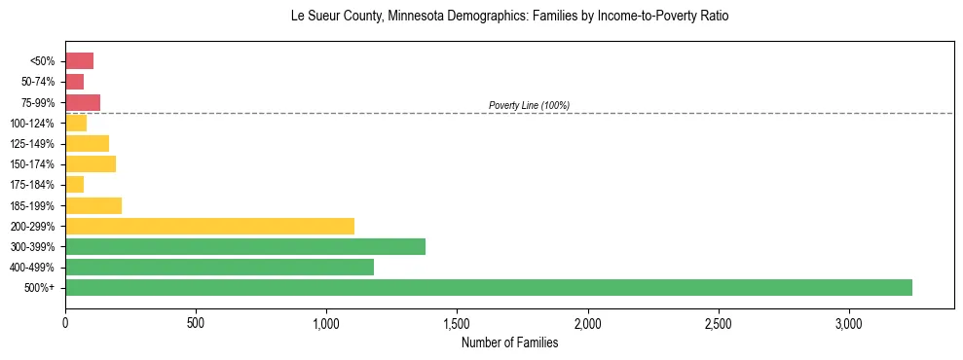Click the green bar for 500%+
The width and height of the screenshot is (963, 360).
489,287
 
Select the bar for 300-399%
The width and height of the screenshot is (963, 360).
245,246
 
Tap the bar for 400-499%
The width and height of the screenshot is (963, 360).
219,267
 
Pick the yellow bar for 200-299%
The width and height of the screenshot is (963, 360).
209,226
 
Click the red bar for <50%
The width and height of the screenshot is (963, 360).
79,60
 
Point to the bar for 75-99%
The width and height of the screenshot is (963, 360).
83,102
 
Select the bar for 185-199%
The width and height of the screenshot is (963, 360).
93,205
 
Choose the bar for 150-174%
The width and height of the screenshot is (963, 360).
91,163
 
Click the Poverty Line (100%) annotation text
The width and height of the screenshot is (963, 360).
529,105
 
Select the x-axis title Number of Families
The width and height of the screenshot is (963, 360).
509,342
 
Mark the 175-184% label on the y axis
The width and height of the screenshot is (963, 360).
32,185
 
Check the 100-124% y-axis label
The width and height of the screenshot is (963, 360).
32,124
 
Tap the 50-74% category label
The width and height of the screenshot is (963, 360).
37,82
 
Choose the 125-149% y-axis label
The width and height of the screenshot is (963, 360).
32,144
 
